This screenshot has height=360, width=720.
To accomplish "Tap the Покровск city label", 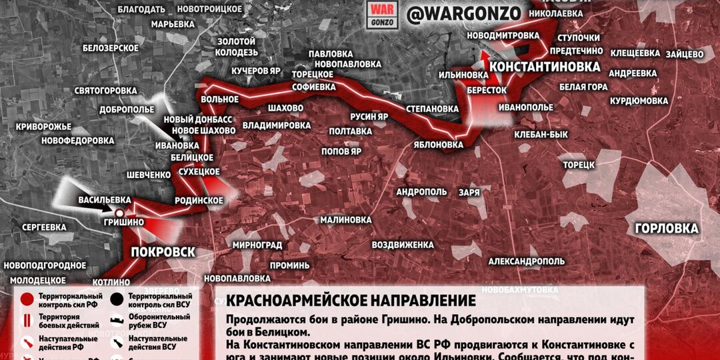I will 163,252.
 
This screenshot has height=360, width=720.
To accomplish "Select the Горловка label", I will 667,229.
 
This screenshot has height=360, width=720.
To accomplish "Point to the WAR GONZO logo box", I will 381,15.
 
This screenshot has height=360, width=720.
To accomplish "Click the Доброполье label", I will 127,109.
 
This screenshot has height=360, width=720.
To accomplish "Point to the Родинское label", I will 199,200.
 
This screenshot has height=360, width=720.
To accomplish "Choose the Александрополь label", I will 527,261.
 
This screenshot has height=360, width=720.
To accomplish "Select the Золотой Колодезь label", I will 237,47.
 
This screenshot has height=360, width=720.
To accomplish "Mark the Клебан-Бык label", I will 541,135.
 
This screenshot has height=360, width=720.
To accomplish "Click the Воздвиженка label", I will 403,244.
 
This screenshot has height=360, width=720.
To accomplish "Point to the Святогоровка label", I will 105,91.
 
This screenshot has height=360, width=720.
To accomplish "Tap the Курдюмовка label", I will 639,101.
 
